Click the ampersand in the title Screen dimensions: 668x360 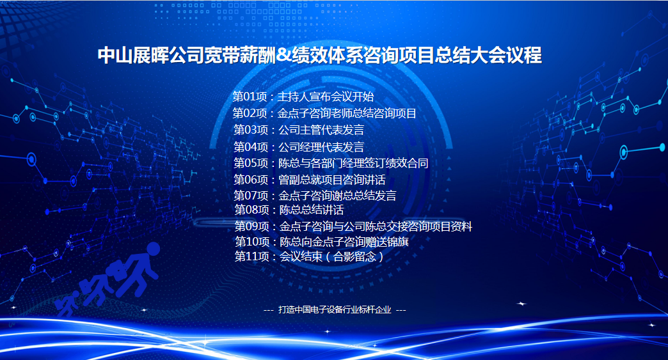285,56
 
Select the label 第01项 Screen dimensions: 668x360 250,97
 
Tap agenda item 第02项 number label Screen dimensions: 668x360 250,113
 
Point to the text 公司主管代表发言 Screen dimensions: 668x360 321,130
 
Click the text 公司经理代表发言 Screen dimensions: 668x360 321,147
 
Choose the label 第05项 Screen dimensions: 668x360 251,163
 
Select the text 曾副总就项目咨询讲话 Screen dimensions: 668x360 332,180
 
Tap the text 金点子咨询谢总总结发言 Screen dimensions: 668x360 337,195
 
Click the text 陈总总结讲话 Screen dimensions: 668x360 312,210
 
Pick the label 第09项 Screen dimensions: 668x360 251,226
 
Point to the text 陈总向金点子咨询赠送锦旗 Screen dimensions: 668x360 344,242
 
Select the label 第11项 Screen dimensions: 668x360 251,256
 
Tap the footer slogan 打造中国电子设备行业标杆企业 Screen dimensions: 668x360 335,309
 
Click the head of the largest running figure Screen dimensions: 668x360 152,249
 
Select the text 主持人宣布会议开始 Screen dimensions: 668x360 326,97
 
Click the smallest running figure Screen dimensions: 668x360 68,303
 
